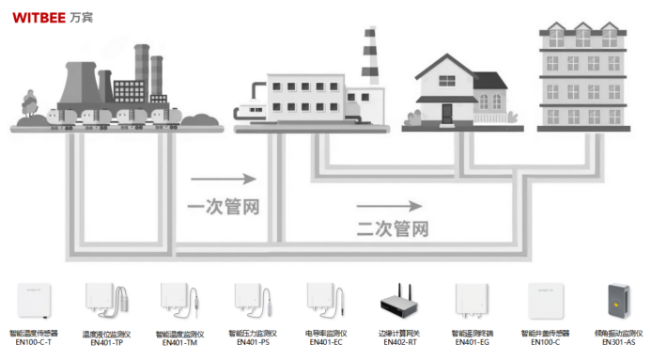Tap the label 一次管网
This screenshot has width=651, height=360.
[223, 207]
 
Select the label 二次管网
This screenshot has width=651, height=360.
[392, 228]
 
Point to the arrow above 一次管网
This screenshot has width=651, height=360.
[223, 179]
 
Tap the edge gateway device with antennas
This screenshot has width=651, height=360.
[397, 301]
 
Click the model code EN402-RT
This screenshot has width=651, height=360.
[397, 343]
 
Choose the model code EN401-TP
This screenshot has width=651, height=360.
[106, 343]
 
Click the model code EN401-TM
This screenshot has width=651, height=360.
[178, 343]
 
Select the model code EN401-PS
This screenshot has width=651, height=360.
[252, 343]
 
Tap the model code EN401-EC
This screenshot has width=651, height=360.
[324, 343]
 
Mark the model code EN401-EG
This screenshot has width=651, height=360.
[471, 343]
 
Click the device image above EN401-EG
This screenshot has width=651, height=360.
[470, 301]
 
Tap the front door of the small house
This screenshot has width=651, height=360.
[447, 112]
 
